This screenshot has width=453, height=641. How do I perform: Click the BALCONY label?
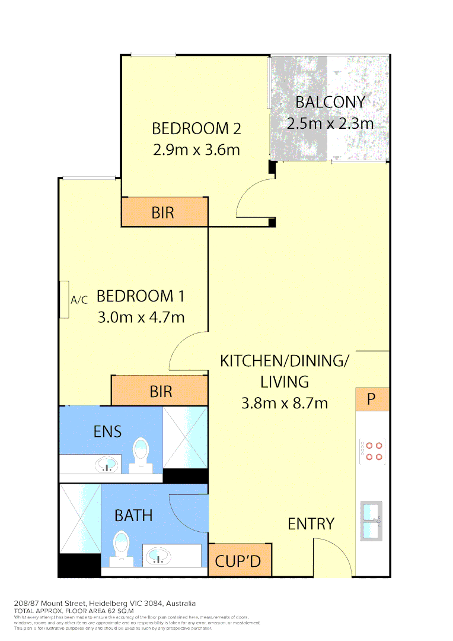coord(330,101)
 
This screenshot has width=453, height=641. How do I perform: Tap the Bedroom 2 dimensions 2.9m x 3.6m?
coord(196,149)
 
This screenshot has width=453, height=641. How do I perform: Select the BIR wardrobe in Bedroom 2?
coord(164,212)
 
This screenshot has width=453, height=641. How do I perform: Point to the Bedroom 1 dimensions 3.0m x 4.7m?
coord(141,317)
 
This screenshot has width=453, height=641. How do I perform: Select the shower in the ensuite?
coord(184,437)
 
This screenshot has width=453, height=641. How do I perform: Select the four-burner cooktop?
coord(372,451)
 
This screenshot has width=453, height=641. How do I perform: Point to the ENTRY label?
coord(311,523)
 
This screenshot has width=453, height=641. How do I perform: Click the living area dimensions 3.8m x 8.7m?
coord(284,403)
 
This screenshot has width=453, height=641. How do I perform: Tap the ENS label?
coord(107,431)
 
